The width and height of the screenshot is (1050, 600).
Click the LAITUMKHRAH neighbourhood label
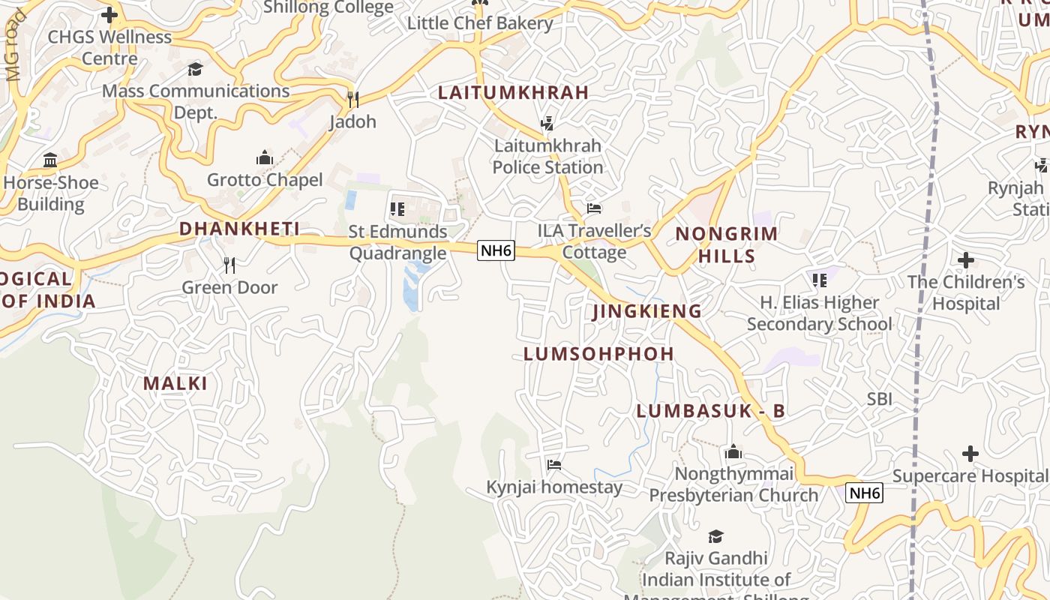(x=514, y=93)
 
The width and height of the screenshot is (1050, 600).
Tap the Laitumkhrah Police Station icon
(x=547, y=124)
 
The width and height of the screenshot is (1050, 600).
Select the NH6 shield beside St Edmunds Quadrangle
(x=496, y=250)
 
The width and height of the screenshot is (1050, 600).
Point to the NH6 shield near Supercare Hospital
(x=864, y=493)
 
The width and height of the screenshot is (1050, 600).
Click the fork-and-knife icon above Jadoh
(x=352, y=99)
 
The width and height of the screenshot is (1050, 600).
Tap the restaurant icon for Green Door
(x=229, y=265)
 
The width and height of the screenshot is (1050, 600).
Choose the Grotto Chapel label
(x=265, y=180)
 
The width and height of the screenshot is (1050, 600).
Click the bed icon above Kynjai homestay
(x=554, y=465)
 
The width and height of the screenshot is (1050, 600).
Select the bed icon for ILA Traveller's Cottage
(x=594, y=208)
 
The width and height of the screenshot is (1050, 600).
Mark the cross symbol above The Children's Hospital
(x=966, y=260)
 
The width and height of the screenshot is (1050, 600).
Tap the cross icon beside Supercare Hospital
(x=970, y=454)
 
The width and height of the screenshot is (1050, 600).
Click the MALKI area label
(x=175, y=384)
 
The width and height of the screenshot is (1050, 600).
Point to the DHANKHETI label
(x=239, y=229)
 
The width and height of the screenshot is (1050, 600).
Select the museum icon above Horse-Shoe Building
(x=50, y=160)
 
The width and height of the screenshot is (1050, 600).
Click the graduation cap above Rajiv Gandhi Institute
(x=715, y=536)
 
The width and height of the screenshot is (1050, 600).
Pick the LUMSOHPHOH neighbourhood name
(x=598, y=354)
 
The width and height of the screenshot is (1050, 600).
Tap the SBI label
(x=879, y=399)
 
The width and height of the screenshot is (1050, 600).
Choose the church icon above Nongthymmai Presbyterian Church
(x=733, y=452)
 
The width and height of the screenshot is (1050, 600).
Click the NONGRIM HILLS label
(x=727, y=245)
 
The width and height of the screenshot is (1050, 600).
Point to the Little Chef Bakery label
(x=480, y=23)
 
